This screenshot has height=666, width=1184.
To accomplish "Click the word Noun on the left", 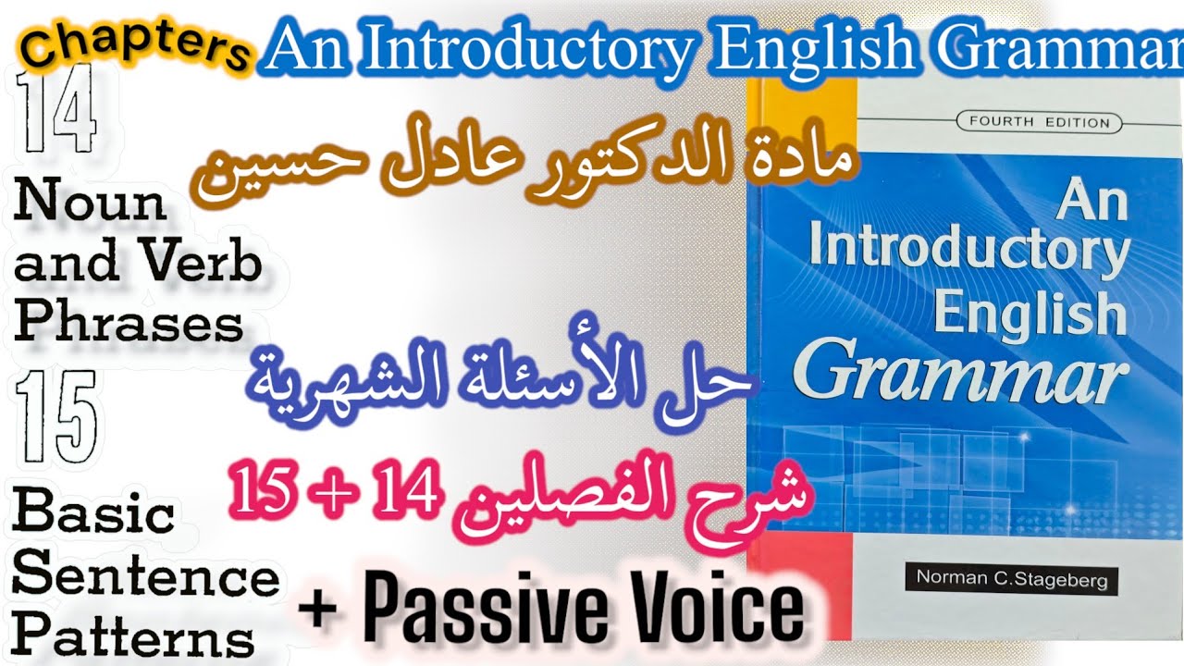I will click(x=90, y=203).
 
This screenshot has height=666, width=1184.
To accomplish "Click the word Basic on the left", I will click(x=92, y=514).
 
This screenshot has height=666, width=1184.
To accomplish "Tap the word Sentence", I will click(x=145, y=575).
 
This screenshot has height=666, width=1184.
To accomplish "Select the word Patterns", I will click(x=133, y=636).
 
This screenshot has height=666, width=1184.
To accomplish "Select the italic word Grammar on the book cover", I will click(x=962, y=371).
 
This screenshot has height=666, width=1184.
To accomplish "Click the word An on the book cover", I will click(x=1092, y=201).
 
